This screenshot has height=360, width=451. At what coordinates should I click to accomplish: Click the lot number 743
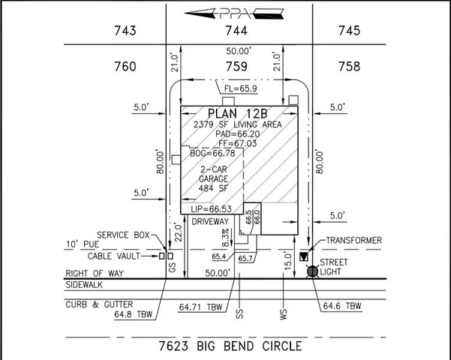click(126, 31)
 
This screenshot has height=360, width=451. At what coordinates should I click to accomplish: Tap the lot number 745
click(349, 31)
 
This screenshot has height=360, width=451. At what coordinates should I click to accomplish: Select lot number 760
click(126, 67)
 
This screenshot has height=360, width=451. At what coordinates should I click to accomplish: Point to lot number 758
click(349, 67)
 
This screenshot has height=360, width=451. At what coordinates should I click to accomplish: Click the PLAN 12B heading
click(237, 113)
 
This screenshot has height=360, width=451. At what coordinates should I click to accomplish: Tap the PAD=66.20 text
click(237, 133)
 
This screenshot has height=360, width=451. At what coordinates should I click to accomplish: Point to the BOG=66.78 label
click(208, 153)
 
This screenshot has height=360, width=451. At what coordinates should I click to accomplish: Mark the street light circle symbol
click(313, 271)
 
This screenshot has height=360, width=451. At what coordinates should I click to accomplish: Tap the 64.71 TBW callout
click(200, 306)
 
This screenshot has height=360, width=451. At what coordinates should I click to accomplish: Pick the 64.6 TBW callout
click(342, 306)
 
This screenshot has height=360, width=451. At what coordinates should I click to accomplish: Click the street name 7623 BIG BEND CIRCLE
click(231, 346)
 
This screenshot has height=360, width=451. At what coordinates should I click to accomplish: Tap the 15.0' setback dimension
click(287, 264)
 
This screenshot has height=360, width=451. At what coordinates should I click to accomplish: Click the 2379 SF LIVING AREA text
click(237, 124)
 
